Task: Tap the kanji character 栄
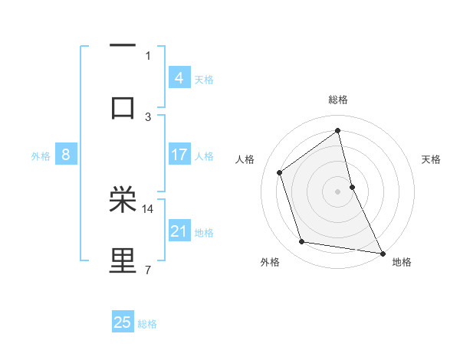(x=123, y=200)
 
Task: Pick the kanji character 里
(x=123, y=261)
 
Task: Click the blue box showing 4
(x=179, y=78)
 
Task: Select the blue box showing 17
(x=179, y=155)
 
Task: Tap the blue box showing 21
(x=179, y=231)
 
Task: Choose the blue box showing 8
(x=65, y=155)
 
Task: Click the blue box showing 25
(x=123, y=322)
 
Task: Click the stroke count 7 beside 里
(x=147, y=269)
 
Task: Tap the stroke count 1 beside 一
(x=148, y=55)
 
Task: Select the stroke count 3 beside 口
(x=148, y=116)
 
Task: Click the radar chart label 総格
(x=338, y=100)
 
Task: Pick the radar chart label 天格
(x=432, y=159)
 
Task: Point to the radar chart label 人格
(x=245, y=159)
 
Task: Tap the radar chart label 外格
(x=270, y=262)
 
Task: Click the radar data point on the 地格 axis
(x=382, y=253)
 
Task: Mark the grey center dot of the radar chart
(x=338, y=191)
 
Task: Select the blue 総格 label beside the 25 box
(x=147, y=324)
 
